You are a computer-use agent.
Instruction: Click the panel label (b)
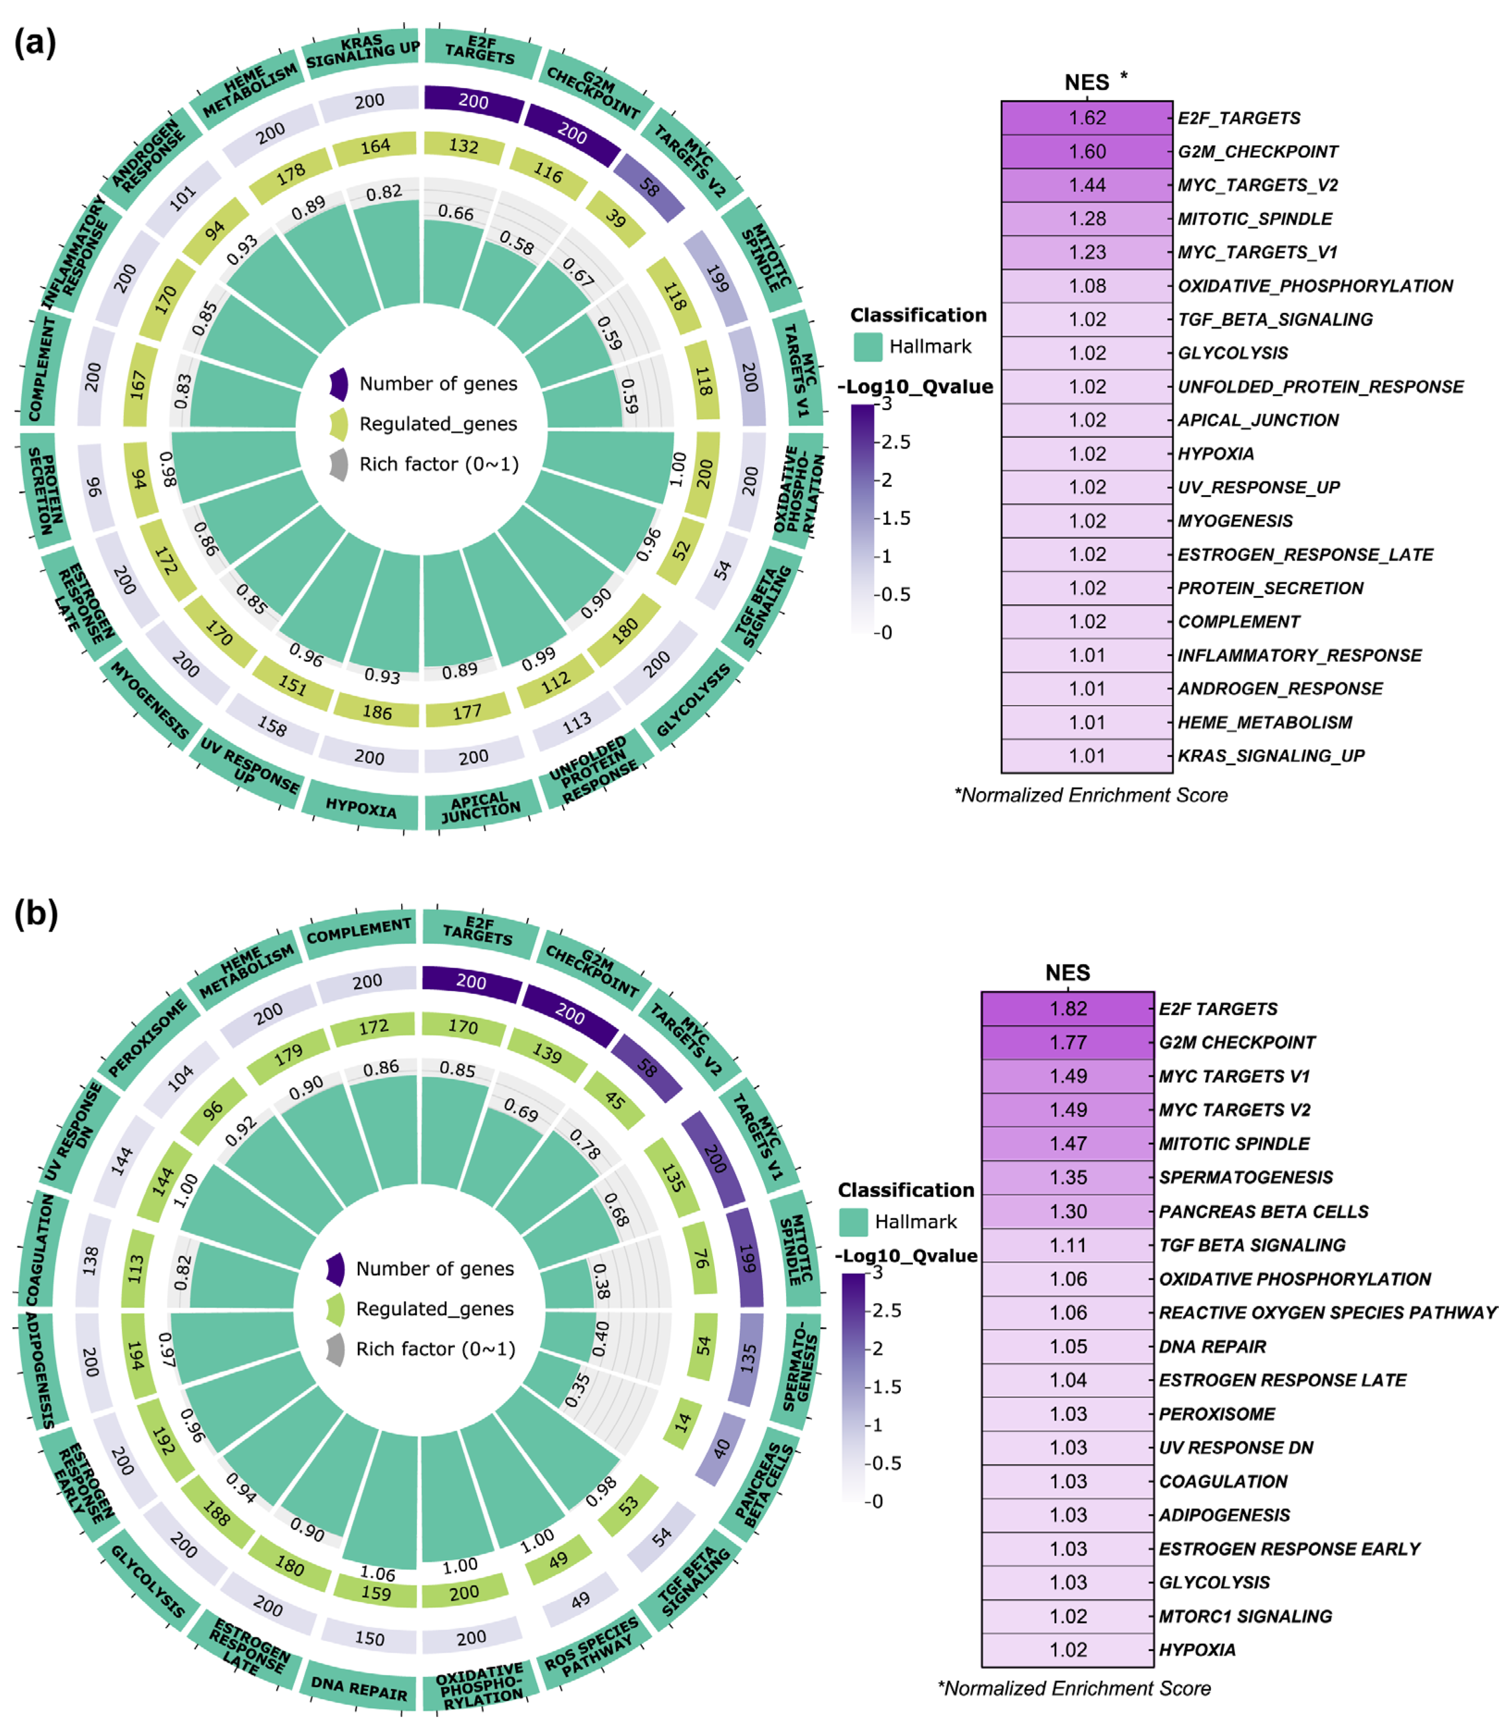(x=35, y=913)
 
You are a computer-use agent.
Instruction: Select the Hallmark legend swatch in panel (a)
(x=868, y=346)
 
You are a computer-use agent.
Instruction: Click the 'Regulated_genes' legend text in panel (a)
(x=438, y=424)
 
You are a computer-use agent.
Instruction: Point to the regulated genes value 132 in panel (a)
(x=464, y=146)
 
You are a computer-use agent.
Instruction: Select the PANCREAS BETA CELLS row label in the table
(x=1263, y=1211)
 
